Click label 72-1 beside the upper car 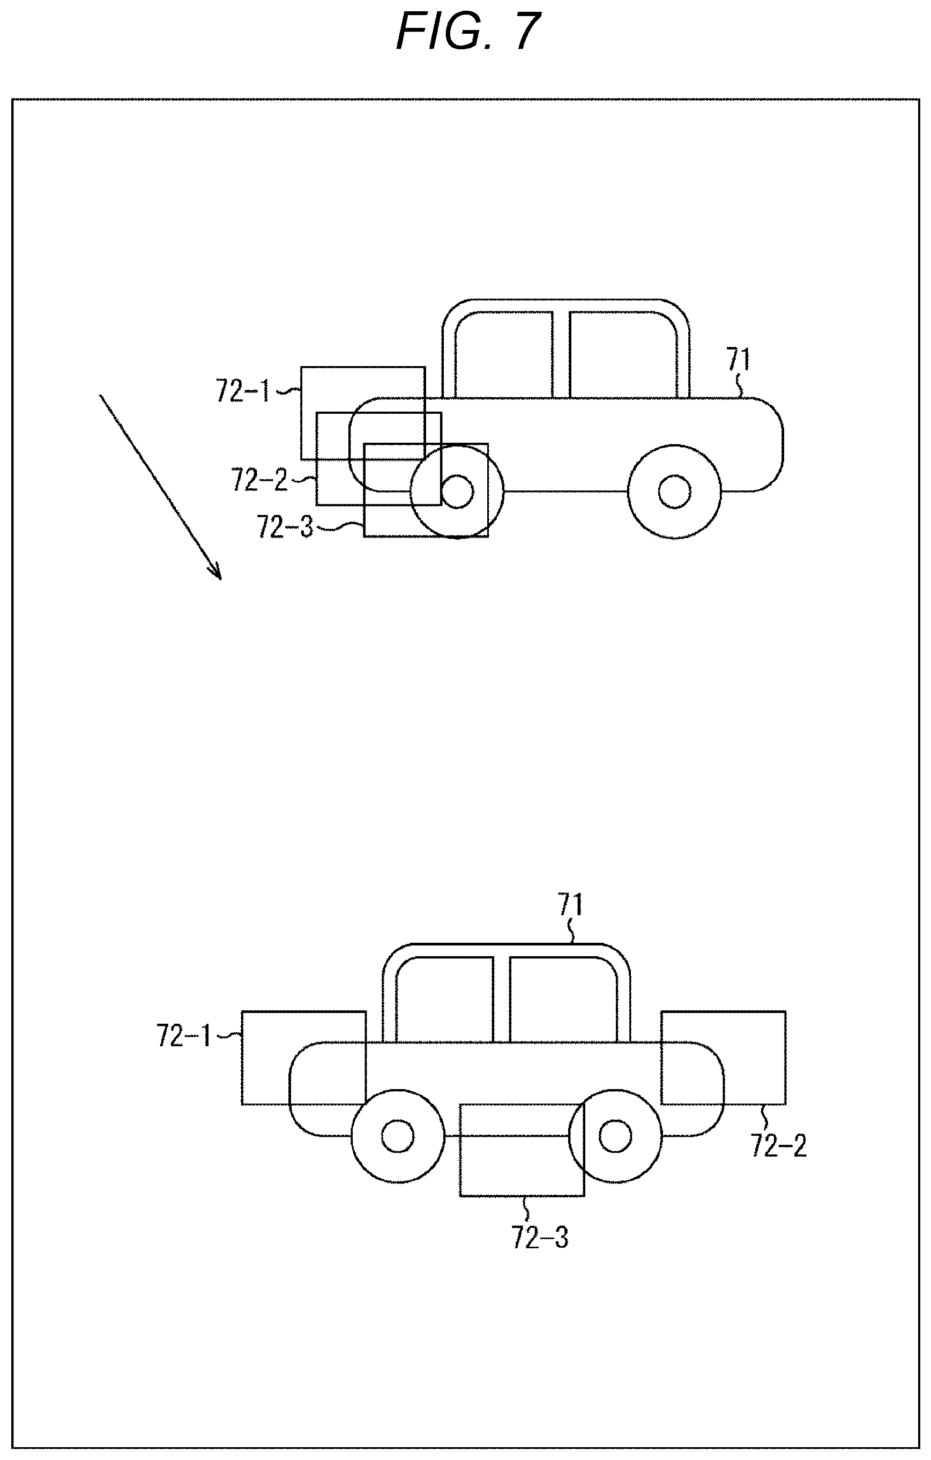(x=243, y=392)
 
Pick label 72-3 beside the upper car (x=285, y=526)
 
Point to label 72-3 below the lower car (x=540, y=1238)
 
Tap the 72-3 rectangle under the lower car (x=522, y=1196)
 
